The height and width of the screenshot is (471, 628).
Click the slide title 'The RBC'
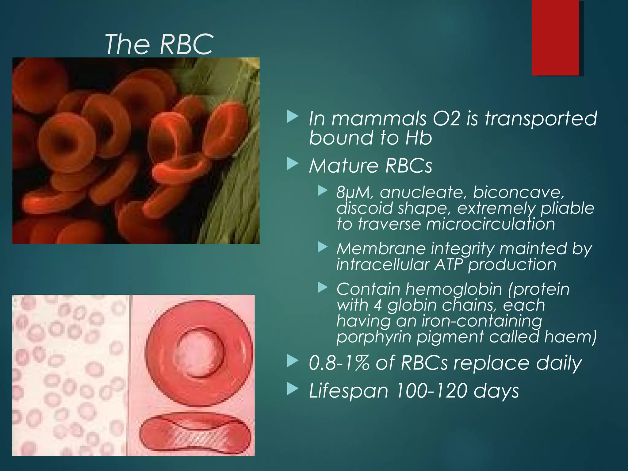[159, 44]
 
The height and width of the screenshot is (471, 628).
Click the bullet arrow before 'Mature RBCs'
[293, 165]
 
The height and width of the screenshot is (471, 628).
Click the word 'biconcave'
[518, 193]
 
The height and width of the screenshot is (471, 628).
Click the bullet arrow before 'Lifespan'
[293, 390]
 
